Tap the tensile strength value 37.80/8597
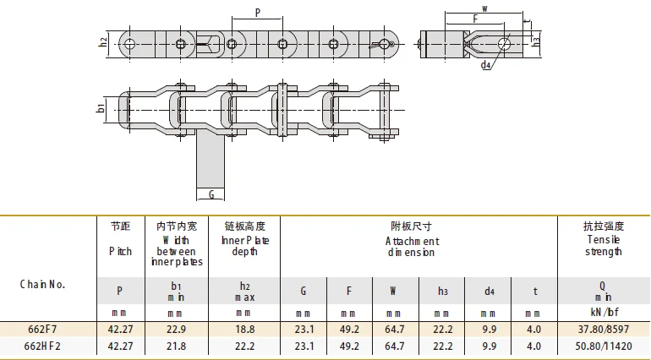pyautogui.click(x=603, y=329)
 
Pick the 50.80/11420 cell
pyautogui.click(x=603, y=346)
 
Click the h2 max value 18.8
pyautogui.click(x=244, y=329)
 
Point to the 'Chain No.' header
pyautogui.click(x=42, y=284)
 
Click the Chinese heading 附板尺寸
pyautogui.click(x=412, y=226)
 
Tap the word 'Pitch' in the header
pyautogui.click(x=121, y=251)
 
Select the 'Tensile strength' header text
pyautogui.click(x=603, y=245)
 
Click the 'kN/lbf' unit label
pyautogui.click(x=603, y=313)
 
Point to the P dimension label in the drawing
pyautogui.click(x=257, y=12)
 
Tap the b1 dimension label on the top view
pyautogui.click(x=101, y=108)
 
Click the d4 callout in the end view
pyautogui.click(x=485, y=64)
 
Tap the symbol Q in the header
pyautogui.click(x=603, y=290)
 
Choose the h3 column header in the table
pyautogui.click(x=442, y=291)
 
